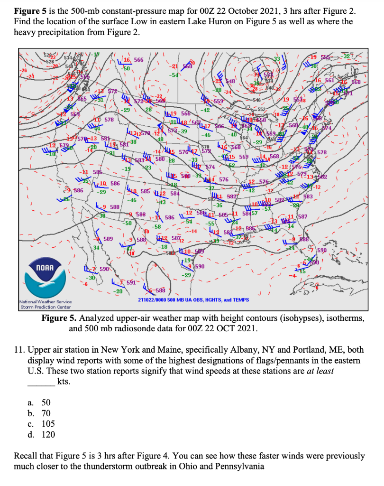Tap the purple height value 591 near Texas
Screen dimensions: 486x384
coord(132,281)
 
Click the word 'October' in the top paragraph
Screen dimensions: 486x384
coord(229,10)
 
